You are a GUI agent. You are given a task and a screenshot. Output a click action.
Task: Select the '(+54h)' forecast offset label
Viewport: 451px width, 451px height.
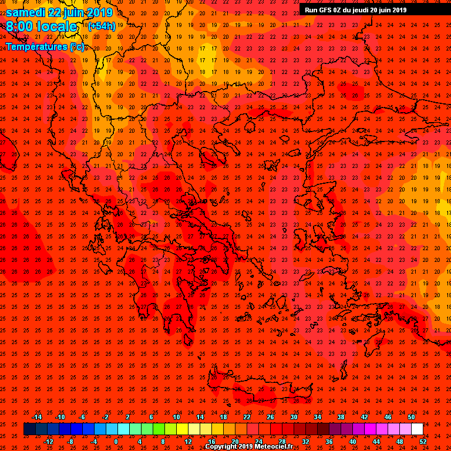click(x=102, y=26)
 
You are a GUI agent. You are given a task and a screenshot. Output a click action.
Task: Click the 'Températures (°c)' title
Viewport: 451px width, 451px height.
click(x=45, y=46)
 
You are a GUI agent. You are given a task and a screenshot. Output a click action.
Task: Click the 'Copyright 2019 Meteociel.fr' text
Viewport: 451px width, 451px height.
click(x=249, y=447)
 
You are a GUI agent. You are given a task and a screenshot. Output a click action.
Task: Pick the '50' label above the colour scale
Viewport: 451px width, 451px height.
click(x=411, y=417)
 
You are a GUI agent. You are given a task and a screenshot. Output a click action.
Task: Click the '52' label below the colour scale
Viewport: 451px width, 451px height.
click(x=423, y=441)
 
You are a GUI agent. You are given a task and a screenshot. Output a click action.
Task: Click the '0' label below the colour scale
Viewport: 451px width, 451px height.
click(x=116, y=441)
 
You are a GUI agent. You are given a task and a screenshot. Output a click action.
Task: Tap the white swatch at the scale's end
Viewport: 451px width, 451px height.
click(x=417, y=429)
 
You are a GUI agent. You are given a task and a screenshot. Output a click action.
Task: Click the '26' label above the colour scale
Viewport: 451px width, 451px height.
click(x=270, y=417)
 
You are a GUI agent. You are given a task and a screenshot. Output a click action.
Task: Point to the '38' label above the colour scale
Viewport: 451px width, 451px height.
click(x=341, y=417)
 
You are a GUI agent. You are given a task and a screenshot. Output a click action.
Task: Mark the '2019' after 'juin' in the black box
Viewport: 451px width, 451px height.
click(x=398, y=9)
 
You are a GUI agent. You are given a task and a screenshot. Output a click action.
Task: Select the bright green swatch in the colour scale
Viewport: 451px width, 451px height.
click(x=159, y=429)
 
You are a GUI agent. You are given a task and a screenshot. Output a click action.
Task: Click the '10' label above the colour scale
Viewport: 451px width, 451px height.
click(x=176, y=417)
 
